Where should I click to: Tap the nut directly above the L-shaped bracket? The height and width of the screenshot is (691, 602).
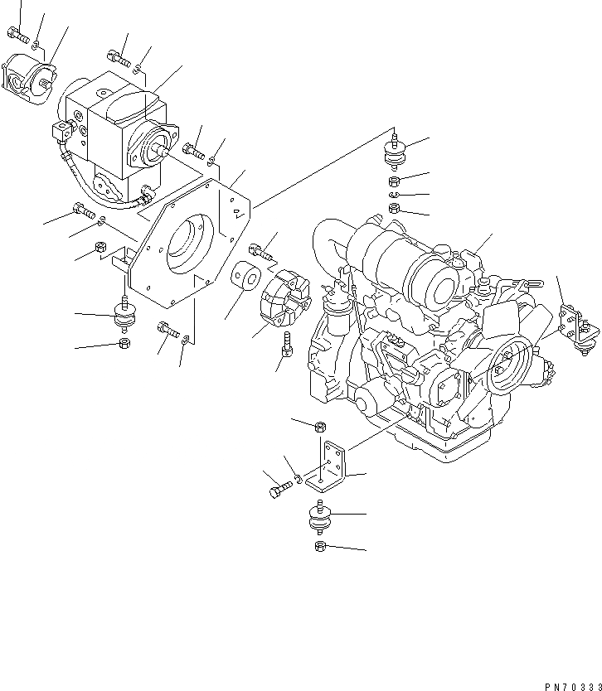(x=320, y=427)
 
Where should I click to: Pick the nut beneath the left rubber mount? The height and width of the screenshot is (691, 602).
(x=124, y=344)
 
